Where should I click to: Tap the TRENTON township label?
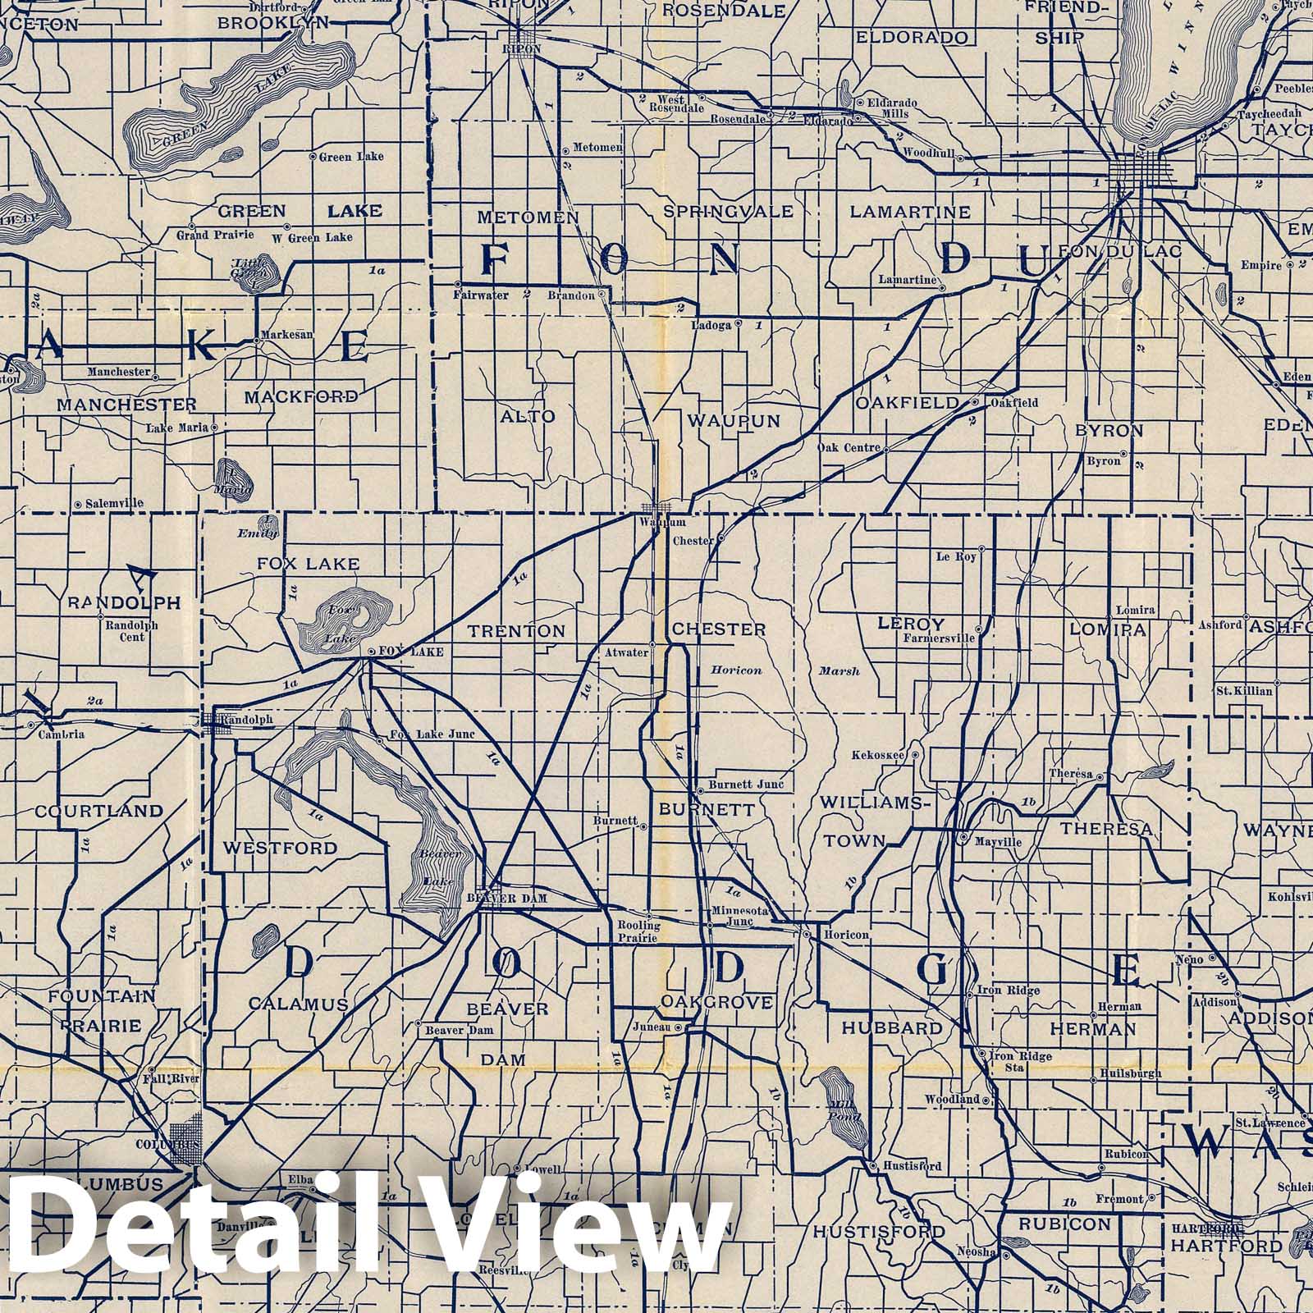(517, 631)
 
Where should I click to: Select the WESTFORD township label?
(280, 848)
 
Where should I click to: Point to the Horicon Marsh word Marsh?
(839, 670)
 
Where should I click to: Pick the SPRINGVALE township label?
(728, 212)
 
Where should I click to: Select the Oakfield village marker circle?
(975, 403)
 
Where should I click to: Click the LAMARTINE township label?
(910, 212)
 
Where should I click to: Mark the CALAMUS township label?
(299, 1004)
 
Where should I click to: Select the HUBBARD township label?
(891, 1028)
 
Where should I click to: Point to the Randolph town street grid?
(217, 720)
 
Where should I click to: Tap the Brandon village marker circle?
(602, 293)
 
